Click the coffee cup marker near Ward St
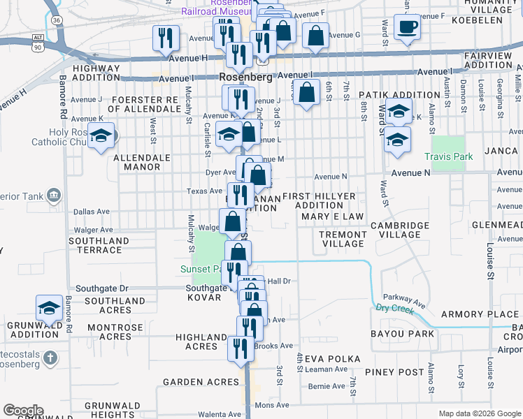[407, 28]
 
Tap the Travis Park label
[448, 156]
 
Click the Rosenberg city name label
[245, 78]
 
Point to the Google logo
[23, 411]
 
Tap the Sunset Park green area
[206, 251]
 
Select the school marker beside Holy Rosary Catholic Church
[101, 137]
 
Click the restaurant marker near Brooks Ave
[240, 349]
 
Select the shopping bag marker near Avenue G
[316, 37]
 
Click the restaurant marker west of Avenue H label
[166, 38]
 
